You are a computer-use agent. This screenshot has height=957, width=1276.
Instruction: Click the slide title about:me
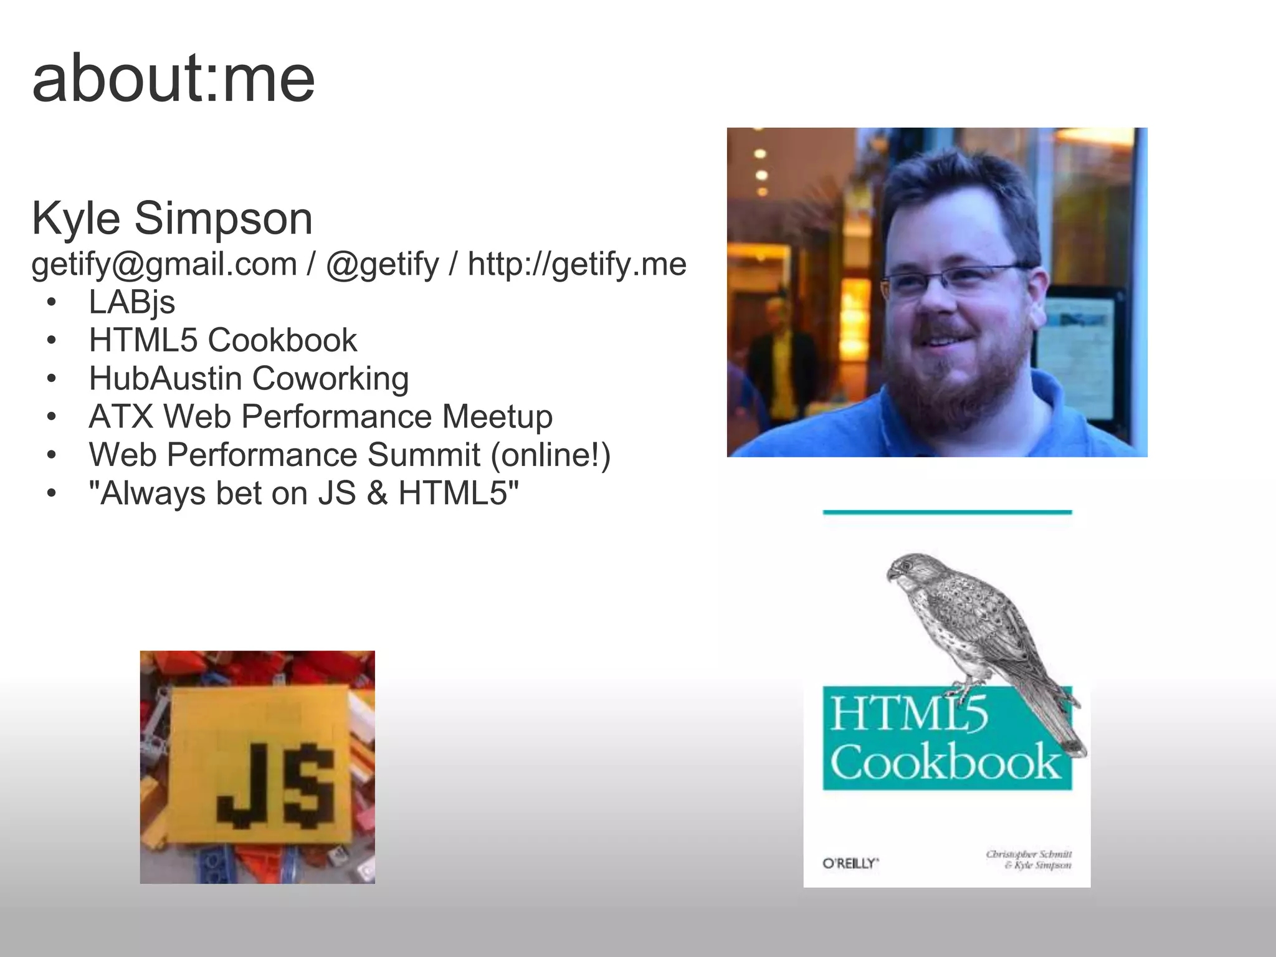(x=173, y=79)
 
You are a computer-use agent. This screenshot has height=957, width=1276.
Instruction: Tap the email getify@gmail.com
(x=164, y=264)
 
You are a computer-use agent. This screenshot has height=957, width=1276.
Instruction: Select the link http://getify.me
(x=577, y=264)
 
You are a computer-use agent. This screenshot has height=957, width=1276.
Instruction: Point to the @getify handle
(x=382, y=264)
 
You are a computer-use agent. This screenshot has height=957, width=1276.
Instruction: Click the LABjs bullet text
(x=131, y=302)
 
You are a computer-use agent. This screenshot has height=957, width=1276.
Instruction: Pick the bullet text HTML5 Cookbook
(x=222, y=340)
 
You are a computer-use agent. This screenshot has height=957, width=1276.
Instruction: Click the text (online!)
(x=550, y=455)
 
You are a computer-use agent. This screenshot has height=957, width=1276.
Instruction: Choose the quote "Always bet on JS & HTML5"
(x=303, y=493)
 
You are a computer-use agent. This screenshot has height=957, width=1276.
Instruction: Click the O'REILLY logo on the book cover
(x=850, y=863)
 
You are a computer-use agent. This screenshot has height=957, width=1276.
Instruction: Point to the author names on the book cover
(x=1029, y=859)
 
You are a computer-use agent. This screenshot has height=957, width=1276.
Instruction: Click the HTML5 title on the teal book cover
(x=908, y=714)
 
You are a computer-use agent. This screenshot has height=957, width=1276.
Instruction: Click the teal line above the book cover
(x=947, y=512)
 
